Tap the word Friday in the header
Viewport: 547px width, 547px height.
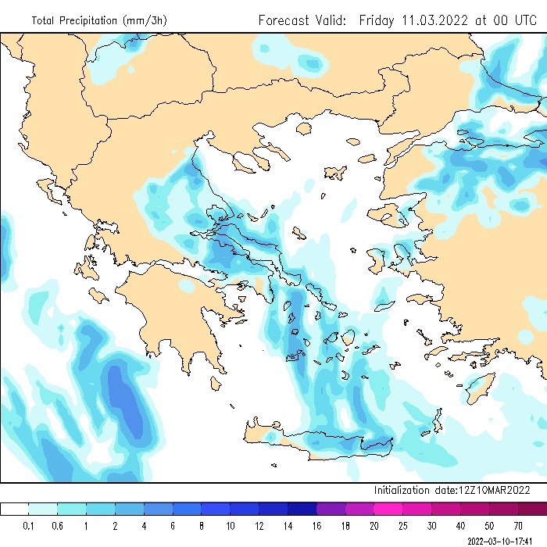377,20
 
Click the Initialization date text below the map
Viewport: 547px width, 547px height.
452,490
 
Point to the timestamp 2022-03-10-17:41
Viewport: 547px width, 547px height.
504,540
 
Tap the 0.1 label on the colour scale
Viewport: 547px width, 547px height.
29,525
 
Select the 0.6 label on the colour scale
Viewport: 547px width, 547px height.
58,525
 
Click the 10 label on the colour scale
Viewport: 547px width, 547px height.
231,525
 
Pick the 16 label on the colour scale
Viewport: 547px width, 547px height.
316,525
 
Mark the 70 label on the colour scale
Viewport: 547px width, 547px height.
518,525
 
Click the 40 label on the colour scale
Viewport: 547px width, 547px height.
460,525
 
